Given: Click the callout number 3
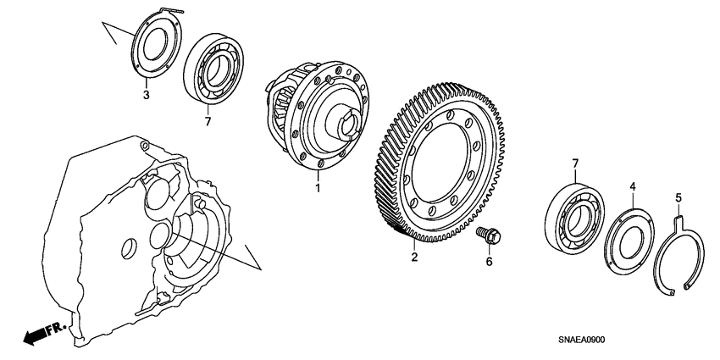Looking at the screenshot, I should (x=146, y=95).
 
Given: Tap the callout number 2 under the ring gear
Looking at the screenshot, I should (x=414, y=257).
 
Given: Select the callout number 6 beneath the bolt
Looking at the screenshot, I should (x=488, y=261).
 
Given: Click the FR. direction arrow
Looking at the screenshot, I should (x=37, y=333).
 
